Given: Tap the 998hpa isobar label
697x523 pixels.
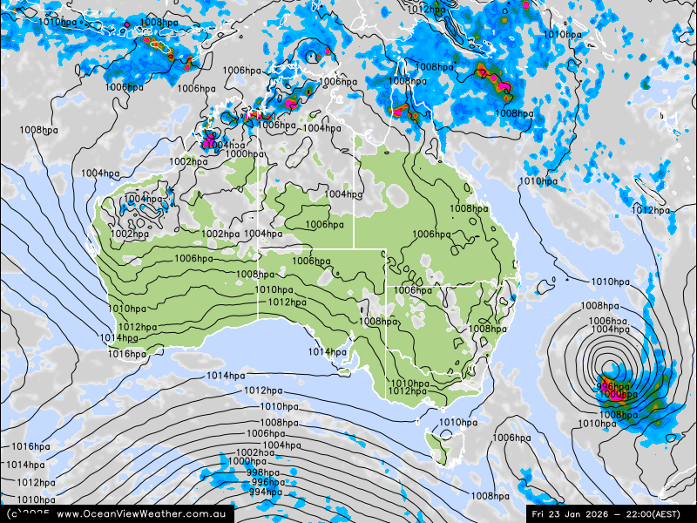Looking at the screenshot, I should click(262, 472).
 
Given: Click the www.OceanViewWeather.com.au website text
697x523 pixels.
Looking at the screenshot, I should click(142, 514).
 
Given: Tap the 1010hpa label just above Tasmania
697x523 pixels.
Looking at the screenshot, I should click(458, 423).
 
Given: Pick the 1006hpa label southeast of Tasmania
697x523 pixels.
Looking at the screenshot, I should click(511, 438).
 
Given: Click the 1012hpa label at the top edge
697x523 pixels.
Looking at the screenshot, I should click(428, 10).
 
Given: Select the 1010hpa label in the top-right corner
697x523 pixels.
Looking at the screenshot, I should click(562, 35).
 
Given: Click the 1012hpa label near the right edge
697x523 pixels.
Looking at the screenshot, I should click(650, 210).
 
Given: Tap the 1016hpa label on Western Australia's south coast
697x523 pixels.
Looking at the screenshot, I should click(127, 354).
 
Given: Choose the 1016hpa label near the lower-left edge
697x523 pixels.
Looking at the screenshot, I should click(30, 446).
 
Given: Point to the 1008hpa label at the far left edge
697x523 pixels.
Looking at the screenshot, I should click(38, 130).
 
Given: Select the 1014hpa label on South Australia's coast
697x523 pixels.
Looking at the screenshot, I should click(327, 352).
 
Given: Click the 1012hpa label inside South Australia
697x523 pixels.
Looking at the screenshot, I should click(287, 302).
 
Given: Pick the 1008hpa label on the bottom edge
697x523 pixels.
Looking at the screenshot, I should click(490, 496).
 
